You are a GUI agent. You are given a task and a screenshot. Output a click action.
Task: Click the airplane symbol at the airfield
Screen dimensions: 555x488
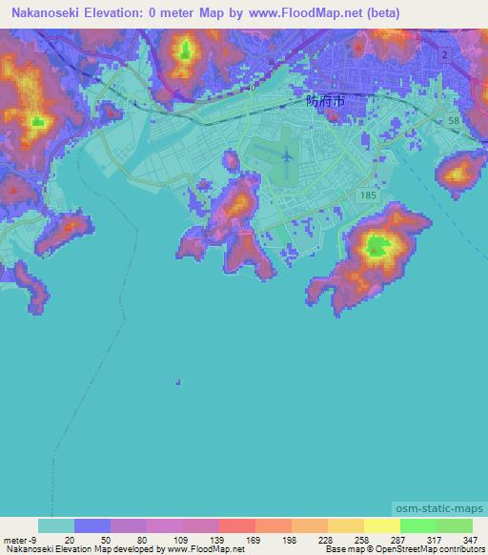click(x=287, y=154)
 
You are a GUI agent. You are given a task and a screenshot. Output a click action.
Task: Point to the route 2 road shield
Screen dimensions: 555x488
click(x=445, y=56)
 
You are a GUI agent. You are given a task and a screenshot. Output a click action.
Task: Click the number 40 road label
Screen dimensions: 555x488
click(x=251, y=88)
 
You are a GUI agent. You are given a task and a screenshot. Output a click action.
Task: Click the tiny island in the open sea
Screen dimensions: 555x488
click(x=177, y=383)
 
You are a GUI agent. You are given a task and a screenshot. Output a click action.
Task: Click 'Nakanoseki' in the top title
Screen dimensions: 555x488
click(x=42, y=12)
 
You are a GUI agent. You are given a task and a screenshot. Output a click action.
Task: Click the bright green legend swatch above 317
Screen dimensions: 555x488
click(x=417, y=525)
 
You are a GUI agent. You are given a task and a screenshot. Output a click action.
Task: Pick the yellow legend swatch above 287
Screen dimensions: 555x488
click(x=381, y=525)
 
